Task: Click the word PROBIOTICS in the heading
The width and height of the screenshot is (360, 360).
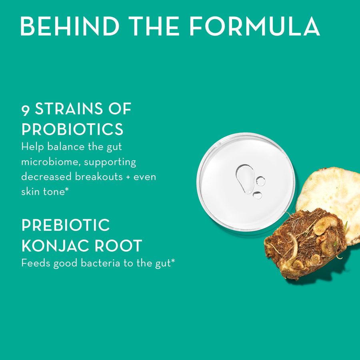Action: click(x=72, y=129)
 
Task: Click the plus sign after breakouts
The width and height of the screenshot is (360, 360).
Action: click(x=127, y=177)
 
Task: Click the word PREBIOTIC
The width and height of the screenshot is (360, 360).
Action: click(x=66, y=226)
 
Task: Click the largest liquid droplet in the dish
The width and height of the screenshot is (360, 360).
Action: click(x=245, y=177)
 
